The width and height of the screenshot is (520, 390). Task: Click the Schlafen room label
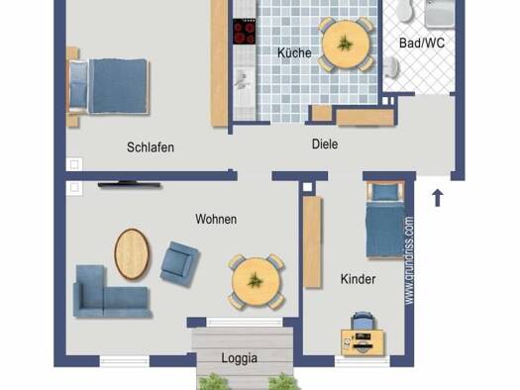[x=151, y=147]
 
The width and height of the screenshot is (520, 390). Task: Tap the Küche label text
[x=294, y=53]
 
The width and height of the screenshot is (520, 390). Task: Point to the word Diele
[x=324, y=145]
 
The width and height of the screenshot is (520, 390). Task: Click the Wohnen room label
[x=216, y=219]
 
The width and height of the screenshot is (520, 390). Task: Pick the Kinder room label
[x=358, y=279]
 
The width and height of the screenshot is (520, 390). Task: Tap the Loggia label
[x=239, y=358]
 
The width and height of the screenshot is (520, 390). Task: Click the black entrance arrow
[x=437, y=197]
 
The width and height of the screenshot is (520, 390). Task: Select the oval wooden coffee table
[x=131, y=254]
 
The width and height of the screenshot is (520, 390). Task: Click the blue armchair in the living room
[x=179, y=260]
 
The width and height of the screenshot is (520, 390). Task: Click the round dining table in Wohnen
[x=255, y=280]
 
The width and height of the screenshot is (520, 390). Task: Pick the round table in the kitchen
[x=346, y=45]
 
